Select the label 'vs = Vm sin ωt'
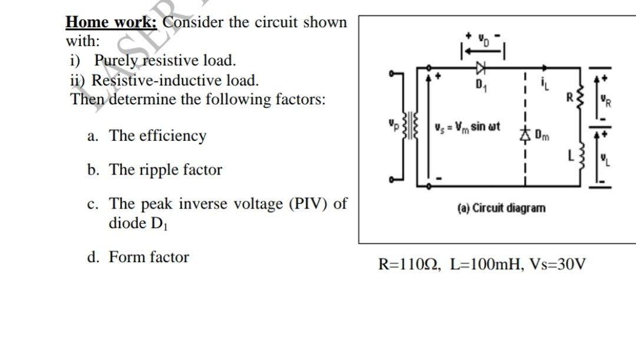click(467, 127)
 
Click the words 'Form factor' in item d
click(149, 257)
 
